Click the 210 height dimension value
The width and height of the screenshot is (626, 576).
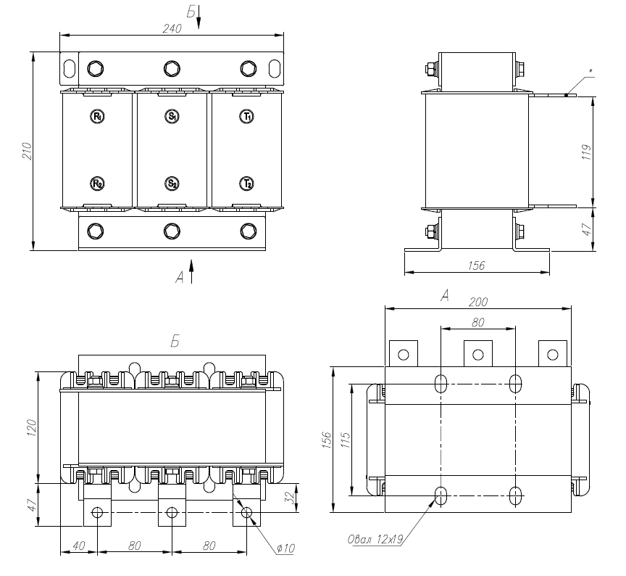pos(27,151)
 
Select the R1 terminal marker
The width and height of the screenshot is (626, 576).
pos(97,116)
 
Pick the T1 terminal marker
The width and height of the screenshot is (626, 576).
pos(247,116)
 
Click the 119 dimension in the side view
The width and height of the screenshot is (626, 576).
pos(587,151)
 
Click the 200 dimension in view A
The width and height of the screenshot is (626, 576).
pos(478,302)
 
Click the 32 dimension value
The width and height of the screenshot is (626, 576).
pos(290,498)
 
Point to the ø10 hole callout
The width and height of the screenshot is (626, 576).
pos(285,547)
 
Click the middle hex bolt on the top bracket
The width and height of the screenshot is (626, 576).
pos(172,69)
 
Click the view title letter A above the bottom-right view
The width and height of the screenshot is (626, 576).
pos(446,295)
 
